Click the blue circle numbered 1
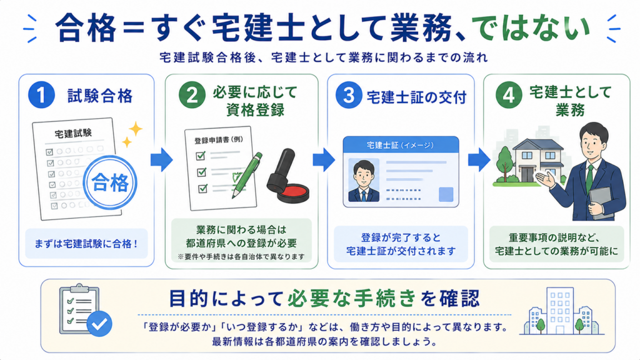pyautogui.click(x=41, y=95)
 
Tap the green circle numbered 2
pyautogui.click(x=192, y=95)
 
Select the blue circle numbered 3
pyautogui.click(x=348, y=95)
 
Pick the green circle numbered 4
pyautogui.click(x=508, y=95)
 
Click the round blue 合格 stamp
pyautogui.click(x=110, y=182)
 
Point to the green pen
pyautogui.click(x=246, y=176)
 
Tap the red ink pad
pyautogui.click(x=292, y=194)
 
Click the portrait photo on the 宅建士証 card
pyautogui.click(x=363, y=181)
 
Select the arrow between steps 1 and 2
pyautogui.click(x=162, y=159)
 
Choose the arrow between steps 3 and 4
pyautogui.click(x=479, y=159)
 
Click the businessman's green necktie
pyautogui.click(x=590, y=179)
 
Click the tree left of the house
pyautogui.click(x=505, y=164)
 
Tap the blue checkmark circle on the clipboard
pyautogui.click(x=99, y=324)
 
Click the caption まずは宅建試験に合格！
pyautogui.click(x=86, y=244)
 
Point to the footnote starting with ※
pyautogui.click(x=241, y=257)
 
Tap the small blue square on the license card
pyautogui.click(x=446, y=194)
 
